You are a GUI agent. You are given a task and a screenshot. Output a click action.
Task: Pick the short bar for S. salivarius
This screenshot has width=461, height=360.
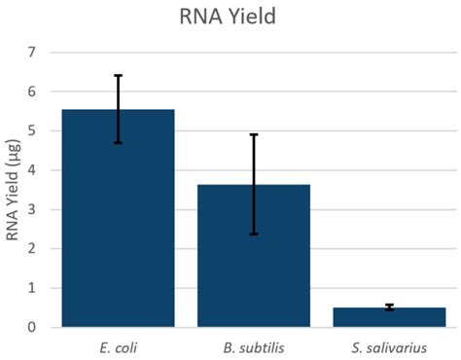tap(389, 317)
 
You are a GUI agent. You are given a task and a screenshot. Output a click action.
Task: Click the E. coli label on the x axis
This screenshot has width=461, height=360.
tap(119, 345)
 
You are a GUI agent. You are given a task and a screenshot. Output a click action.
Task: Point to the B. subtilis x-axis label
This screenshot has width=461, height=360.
tap(254, 345)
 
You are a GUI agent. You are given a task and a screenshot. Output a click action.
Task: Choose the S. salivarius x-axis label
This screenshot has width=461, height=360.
tap(389, 345)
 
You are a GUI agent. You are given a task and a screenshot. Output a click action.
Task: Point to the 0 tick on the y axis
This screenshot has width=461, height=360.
tap(32, 328)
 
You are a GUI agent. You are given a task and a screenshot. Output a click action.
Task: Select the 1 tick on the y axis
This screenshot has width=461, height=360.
tap(32, 288)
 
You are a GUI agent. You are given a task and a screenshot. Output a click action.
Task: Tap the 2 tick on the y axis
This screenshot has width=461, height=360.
tap(32, 249)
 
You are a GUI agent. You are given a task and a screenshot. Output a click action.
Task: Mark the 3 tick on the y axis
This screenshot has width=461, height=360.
tap(32, 209)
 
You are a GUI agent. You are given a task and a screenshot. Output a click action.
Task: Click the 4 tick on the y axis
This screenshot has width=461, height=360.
tap(32, 170)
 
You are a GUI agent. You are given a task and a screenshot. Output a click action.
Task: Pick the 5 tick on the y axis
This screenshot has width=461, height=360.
tap(32, 130)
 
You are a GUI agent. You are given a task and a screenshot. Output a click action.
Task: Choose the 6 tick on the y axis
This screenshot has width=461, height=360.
tap(32, 91)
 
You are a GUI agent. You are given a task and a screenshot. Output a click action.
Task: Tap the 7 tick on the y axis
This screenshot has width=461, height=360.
tap(32, 52)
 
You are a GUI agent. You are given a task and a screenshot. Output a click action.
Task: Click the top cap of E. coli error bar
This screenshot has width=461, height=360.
tap(119, 75)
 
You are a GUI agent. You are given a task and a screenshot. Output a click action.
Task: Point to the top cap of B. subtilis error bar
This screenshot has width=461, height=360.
tap(254, 134)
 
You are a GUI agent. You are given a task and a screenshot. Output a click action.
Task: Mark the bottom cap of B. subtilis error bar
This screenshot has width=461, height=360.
tap(254, 234)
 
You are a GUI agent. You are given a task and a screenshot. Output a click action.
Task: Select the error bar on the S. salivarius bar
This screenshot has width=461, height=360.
tap(389, 307)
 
